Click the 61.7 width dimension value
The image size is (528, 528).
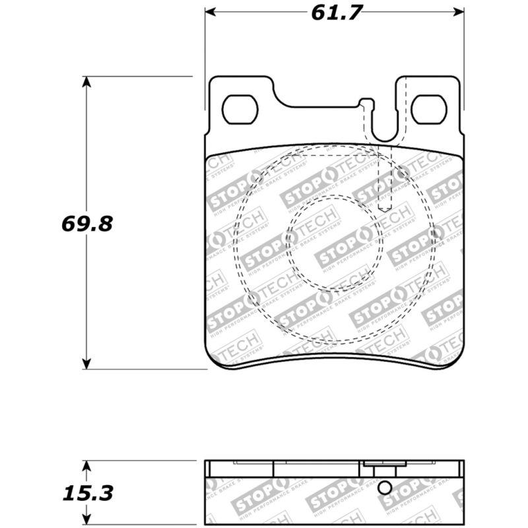333,13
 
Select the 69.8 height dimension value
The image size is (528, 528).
87,223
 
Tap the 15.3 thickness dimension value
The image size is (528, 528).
87,492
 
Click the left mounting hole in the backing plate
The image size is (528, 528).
239,110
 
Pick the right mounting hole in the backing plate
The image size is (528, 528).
430,110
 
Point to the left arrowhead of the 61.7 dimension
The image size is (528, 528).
209,12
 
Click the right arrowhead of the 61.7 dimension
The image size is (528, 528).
459,12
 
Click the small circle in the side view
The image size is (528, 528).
385,488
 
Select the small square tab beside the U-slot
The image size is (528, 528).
366,103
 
